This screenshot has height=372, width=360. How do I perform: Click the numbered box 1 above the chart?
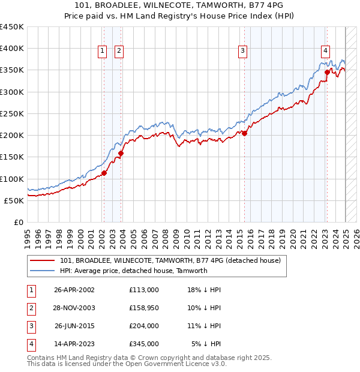(x=103, y=52)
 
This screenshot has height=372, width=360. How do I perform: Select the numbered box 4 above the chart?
(x=325, y=52)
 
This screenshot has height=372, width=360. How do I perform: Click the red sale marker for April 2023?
(x=328, y=72)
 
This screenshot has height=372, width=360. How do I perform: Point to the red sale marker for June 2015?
(x=245, y=133)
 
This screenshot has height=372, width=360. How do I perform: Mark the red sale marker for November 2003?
(x=121, y=153)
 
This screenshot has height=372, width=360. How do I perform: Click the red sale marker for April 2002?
(x=104, y=173)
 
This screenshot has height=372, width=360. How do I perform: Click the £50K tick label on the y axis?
(x=14, y=200)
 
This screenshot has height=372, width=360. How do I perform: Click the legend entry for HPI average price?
(x=133, y=271)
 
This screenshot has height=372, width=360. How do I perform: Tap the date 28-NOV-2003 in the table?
(x=74, y=308)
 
